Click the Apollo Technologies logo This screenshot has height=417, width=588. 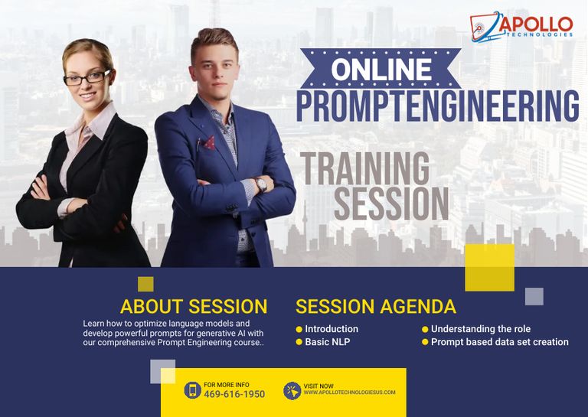[x=521, y=26]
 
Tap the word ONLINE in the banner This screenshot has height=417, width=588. [x=381, y=70]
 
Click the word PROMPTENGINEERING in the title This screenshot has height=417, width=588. [x=438, y=106]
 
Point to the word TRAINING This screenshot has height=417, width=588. [x=365, y=168]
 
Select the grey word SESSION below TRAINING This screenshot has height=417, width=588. [x=391, y=203]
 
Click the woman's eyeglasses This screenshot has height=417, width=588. [x=87, y=78]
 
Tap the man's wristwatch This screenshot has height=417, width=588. [x=260, y=184]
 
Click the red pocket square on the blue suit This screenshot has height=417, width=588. [x=209, y=143]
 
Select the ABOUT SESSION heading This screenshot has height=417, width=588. [x=194, y=307]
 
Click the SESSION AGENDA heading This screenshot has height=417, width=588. [x=376, y=307]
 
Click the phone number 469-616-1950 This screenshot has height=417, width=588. [x=234, y=394]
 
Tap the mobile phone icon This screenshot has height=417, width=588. [x=193, y=390]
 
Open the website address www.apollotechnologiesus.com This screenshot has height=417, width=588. [x=349, y=393]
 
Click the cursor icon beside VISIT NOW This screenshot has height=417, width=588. [x=292, y=391]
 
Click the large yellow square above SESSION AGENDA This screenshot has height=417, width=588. [x=490, y=268]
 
